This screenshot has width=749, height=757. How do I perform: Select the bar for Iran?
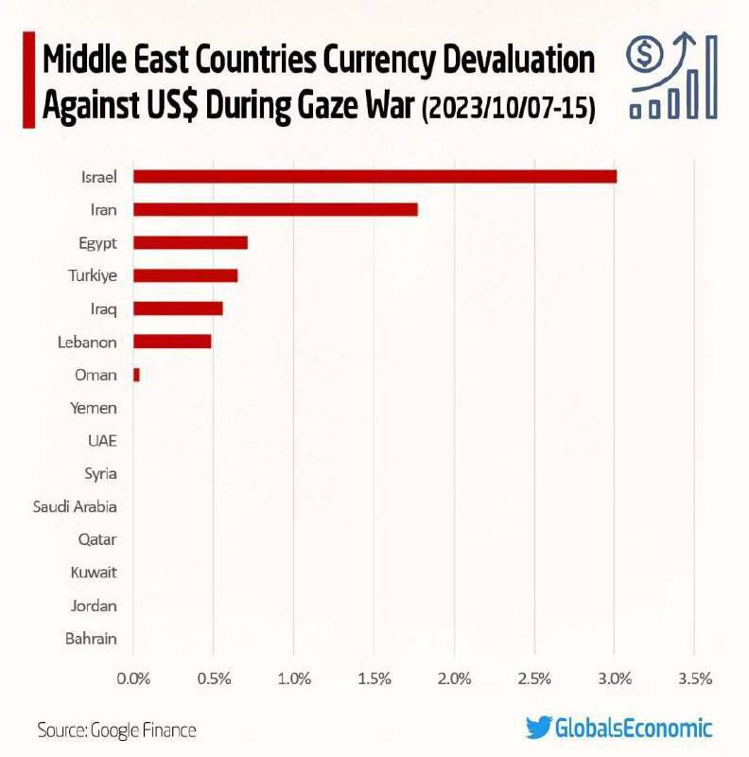pos(275,209)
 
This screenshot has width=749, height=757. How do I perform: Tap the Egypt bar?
pos(190,242)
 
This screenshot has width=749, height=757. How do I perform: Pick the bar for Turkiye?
pos(185,275)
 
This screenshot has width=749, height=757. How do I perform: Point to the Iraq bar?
pos(178,308)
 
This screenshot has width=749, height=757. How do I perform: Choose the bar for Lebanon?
pos(172,342)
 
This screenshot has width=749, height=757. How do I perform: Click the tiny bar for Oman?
pos(136,375)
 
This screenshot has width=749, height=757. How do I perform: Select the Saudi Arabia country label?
pos(75,506)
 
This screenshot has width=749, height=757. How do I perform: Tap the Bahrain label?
pos(91,639)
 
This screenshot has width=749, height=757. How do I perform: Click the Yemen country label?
pos(94,408)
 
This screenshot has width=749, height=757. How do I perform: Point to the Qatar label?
pos(97,539)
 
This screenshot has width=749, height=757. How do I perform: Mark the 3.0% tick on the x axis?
pos(615,678)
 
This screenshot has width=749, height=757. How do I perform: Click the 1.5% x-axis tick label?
pos(374,678)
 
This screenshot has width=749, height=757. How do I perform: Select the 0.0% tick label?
pos(133,678)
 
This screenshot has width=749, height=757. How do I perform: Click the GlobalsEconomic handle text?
pos(633,729)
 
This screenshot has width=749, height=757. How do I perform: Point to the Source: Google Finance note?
pos(116,731)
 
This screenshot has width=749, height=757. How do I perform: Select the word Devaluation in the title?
pos(516,62)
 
